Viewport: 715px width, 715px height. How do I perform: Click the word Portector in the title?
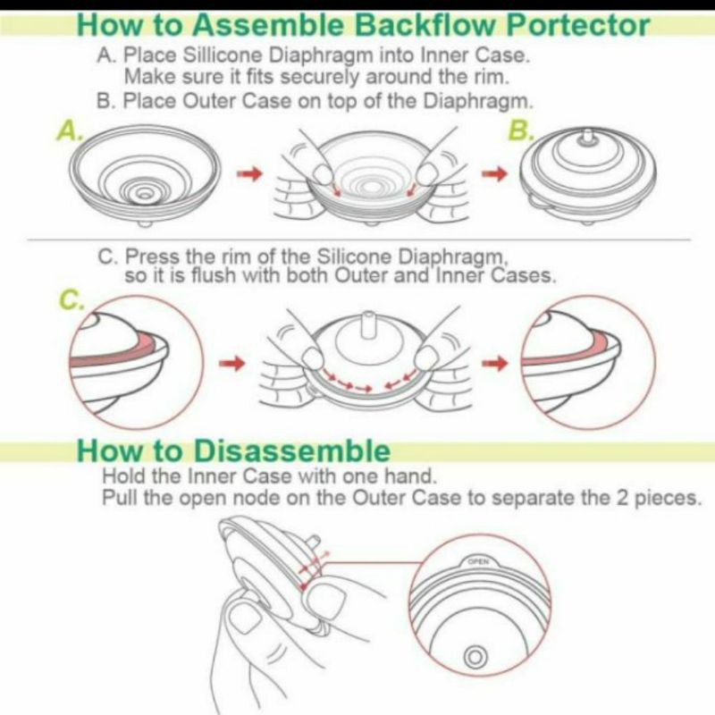click(x=577, y=26)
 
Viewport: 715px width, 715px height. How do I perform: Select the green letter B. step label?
click(x=520, y=130)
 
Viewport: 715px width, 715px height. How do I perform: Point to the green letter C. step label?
click(x=72, y=299)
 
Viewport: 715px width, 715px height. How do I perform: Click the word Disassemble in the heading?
click(x=292, y=451)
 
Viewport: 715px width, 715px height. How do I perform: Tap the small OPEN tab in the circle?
click(x=478, y=561)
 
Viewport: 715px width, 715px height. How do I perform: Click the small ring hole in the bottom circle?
click(x=475, y=658)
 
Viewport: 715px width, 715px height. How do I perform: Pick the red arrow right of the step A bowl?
click(x=250, y=173)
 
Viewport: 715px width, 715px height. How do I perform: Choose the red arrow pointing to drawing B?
click(x=495, y=173)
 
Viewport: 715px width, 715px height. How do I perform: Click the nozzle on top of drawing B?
click(x=588, y=139)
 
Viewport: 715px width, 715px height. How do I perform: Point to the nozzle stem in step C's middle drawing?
click(x=366, y=326)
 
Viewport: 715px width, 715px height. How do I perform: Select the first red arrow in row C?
click(x=232, y=364)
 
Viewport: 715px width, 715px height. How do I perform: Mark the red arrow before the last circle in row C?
click(x=495, y=364)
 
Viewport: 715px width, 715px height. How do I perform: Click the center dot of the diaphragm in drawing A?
click(x=145, y=195)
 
